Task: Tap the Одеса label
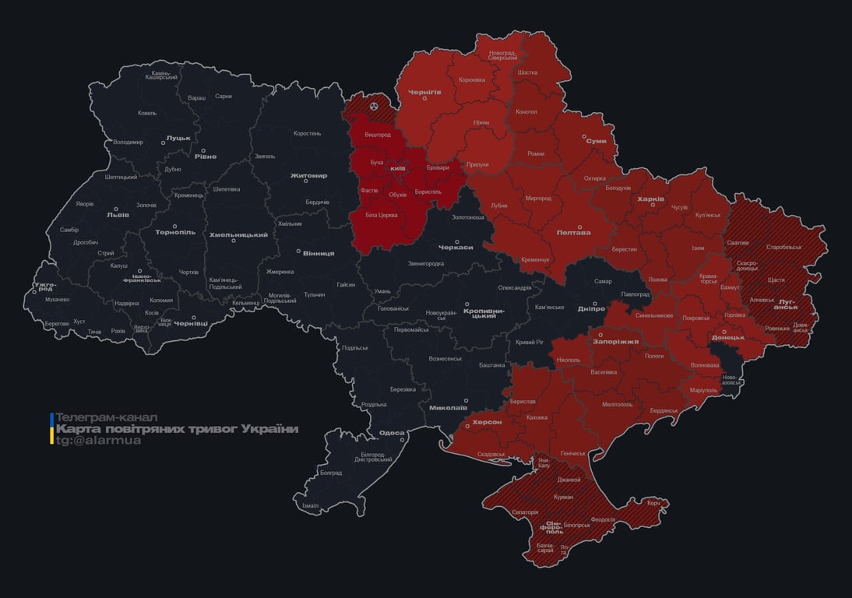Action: click(391, 433)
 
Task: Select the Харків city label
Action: click(651, 199)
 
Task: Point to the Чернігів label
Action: click(424, 92)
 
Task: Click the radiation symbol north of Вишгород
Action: click(374, 104)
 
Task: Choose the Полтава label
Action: click(573, 232)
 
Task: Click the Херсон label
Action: click(488, 421)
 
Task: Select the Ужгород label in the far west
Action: click(45, 287)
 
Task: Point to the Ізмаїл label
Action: click(310, 505)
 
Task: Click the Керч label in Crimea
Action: click(653, 503)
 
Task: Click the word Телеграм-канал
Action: click(107, 417)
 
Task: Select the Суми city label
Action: click(596, 141)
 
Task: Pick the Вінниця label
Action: click(318, 253)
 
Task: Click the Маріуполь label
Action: click(704, 389)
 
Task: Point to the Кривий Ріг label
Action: click(530, 342)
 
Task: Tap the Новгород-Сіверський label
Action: click(502, 55)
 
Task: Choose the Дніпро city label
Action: click(592, 309)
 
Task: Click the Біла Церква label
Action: click(382, 214)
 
